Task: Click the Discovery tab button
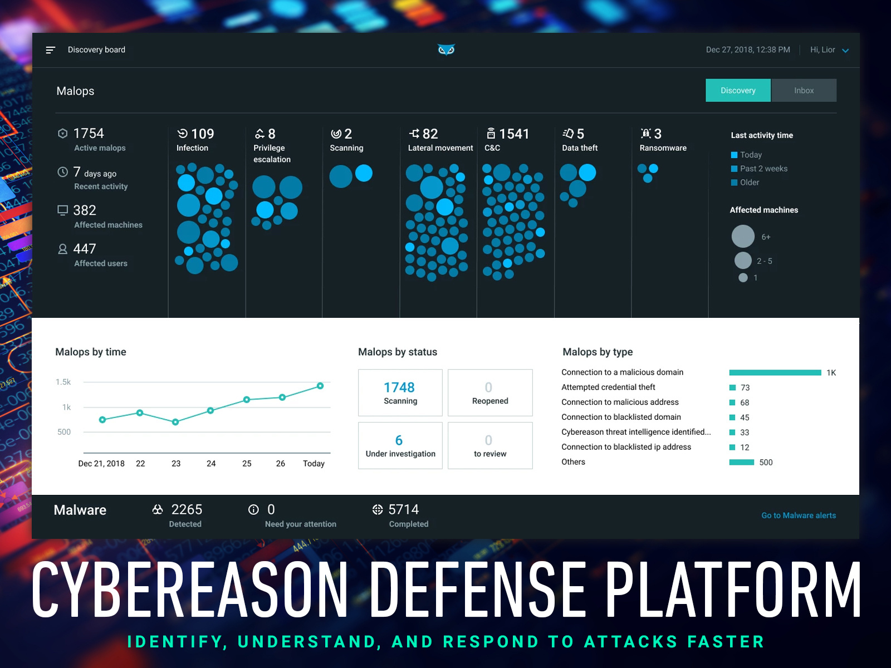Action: tap(738, 90)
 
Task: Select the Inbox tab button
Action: tap(804, 90)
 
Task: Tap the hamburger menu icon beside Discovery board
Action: tap(50, 50)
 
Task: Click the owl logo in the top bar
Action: tap(446, 50)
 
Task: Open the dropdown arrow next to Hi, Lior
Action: tap(845, 51)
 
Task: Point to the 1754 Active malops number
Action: tap(89, 134)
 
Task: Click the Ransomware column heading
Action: tap(663, 148)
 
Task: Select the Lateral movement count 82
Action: tap(430, 134)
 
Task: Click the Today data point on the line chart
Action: tap(320, 386)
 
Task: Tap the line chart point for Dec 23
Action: tap(175, 422)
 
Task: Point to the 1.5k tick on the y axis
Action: tap(63, 382)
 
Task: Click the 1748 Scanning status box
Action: tap(400, 392)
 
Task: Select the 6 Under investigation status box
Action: tap(400, 445)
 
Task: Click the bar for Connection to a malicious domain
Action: tap(775, 372)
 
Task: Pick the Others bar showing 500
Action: tap(741, 462)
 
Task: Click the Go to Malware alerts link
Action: tap(798, 515)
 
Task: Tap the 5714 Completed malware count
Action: tap(403, 510)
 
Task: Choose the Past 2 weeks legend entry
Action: tap(763, 169)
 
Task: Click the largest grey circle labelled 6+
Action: tap(743, 237)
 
